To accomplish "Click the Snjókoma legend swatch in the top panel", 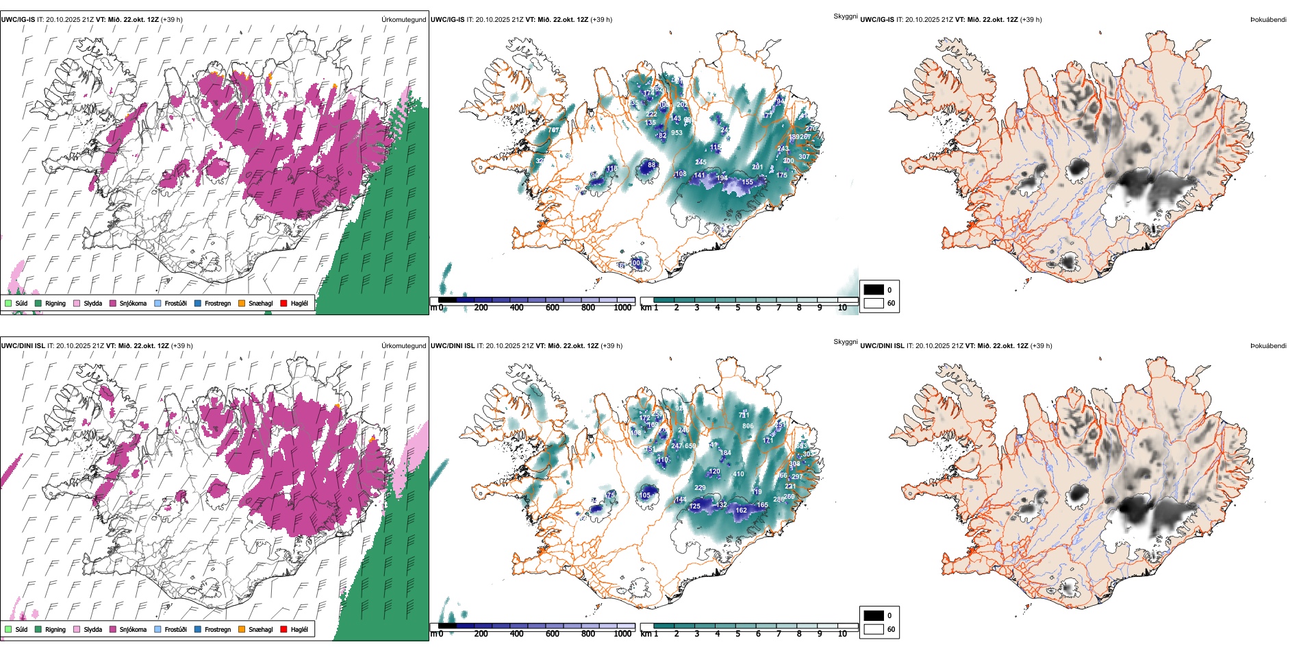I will coord(113,303).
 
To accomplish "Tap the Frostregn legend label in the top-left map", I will coord(218,303).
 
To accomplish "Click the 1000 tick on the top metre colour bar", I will coord(622,308).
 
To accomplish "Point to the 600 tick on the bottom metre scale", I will coord(553,634).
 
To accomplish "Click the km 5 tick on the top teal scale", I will coord(737,308).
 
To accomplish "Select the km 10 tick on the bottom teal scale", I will coord(842,634).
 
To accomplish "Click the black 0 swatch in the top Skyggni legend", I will coord(874,290).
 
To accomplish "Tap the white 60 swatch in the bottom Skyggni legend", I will coord(874,629).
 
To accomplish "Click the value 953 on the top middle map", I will coord(677,133).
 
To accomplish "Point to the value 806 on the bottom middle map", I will coord(748,426).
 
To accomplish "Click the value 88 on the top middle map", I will coord(652,165).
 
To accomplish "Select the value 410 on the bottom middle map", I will coord(738,474).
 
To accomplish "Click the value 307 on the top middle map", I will coord(804,157).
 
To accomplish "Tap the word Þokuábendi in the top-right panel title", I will coord(1268,20).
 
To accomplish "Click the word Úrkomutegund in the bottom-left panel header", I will coord(403,346).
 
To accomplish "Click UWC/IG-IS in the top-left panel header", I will coord(18,20).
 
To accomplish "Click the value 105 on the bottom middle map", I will coord(645,495).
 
